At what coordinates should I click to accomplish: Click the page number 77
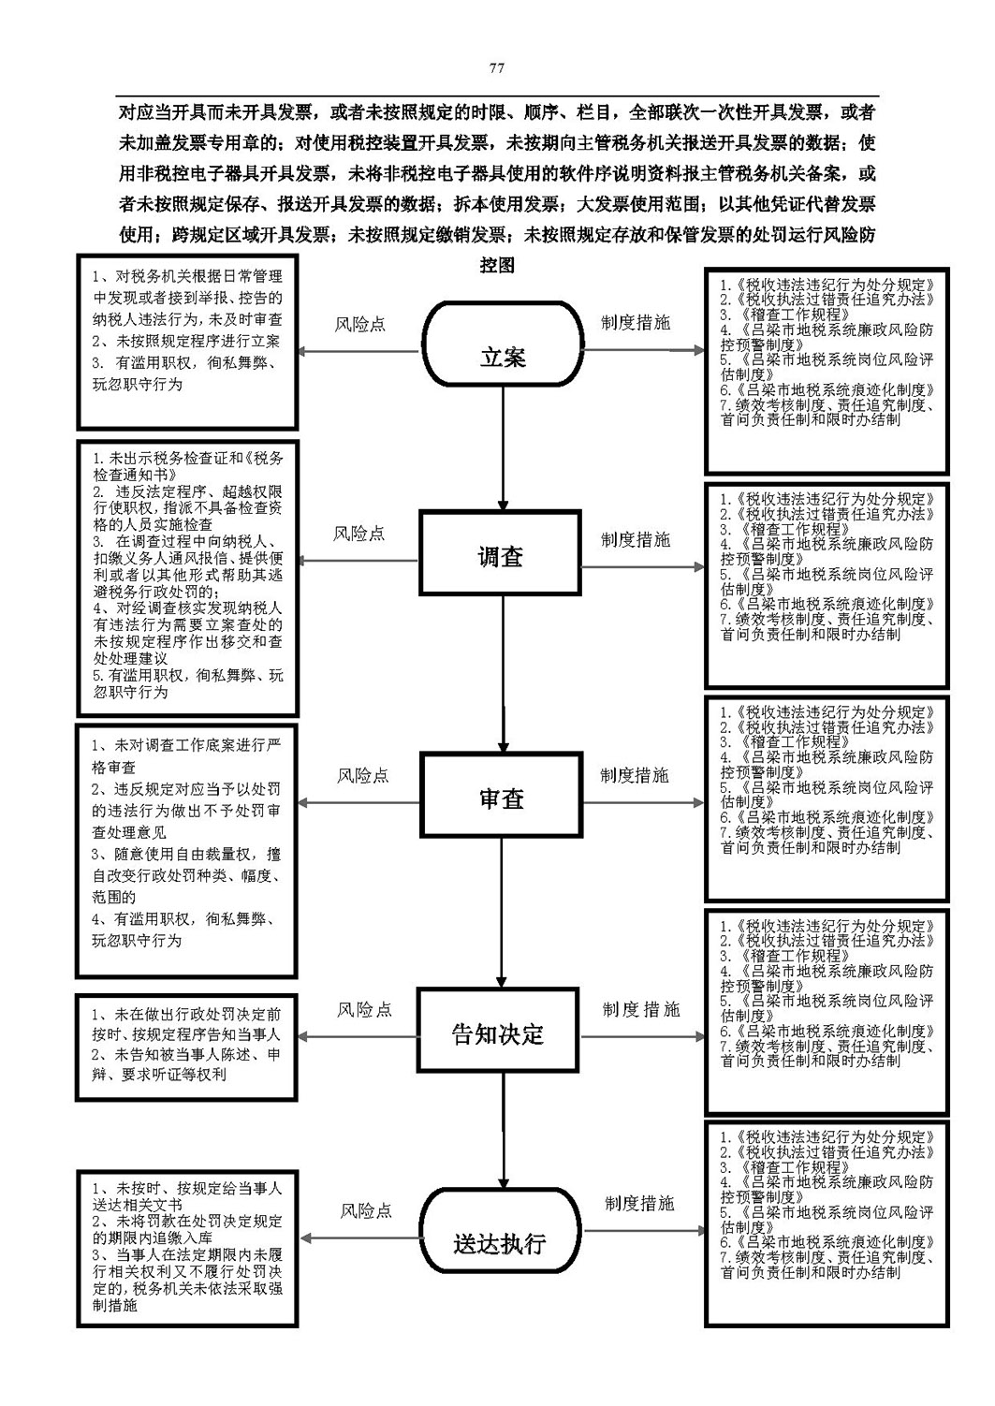496,68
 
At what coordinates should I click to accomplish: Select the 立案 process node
503,344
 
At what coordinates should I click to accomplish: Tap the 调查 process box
500,552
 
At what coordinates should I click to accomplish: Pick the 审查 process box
501,795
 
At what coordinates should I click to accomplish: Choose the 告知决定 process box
498,1030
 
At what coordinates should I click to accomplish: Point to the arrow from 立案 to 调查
503,447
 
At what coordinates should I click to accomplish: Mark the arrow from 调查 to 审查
503,673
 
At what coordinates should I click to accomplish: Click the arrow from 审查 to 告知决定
501,913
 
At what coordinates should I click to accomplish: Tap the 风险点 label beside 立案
359,325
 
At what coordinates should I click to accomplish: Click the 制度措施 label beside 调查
636,539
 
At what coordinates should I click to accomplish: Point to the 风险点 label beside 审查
363,776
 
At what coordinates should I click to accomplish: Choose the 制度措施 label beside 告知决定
641,1009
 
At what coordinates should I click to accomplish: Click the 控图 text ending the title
497,266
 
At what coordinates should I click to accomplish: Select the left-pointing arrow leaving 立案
358,352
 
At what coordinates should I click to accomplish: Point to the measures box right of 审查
827,798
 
